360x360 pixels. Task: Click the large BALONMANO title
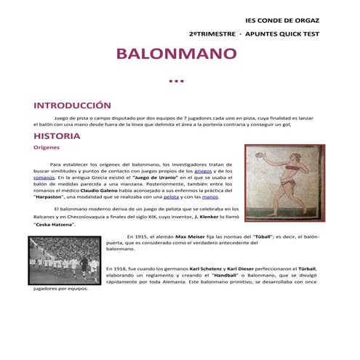[x=177, y=55]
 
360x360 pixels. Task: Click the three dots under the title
[x=176, y=81]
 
